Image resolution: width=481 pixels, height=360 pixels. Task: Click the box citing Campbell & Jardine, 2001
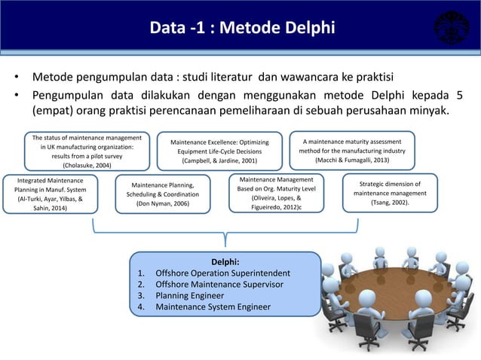coord(219,151)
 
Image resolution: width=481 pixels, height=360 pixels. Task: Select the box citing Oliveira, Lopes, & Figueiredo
coord(276,193)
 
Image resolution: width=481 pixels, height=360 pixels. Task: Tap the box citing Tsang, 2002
coord(390,193)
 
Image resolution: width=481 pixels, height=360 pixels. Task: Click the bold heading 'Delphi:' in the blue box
coord(225,261)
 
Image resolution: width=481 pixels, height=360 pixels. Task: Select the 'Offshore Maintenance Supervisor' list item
coord(219,284)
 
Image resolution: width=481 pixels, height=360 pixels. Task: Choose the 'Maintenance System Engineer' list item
coord(213,307)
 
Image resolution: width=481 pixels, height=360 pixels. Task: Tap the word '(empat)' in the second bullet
coord(53,111)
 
